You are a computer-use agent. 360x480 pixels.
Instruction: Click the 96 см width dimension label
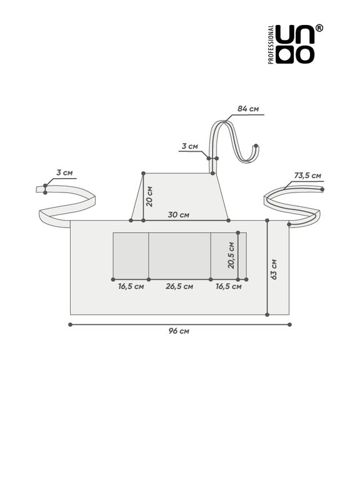click(179, 331)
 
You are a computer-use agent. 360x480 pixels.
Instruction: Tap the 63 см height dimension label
click(274, 269)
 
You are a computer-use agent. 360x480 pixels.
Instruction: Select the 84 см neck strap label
click(248, 109)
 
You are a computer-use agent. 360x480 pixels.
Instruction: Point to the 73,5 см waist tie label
click(307, 176)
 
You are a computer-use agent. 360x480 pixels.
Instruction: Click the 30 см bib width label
click(179, 214)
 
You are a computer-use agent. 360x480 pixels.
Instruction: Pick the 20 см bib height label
click(149, 196)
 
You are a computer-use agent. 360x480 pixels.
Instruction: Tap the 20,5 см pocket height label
click(231, 255)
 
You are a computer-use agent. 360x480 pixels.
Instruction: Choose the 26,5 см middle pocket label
click(179, 286)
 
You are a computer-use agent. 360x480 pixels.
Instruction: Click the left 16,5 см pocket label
click(131, 286)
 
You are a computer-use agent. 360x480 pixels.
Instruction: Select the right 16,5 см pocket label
click(228, 286)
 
